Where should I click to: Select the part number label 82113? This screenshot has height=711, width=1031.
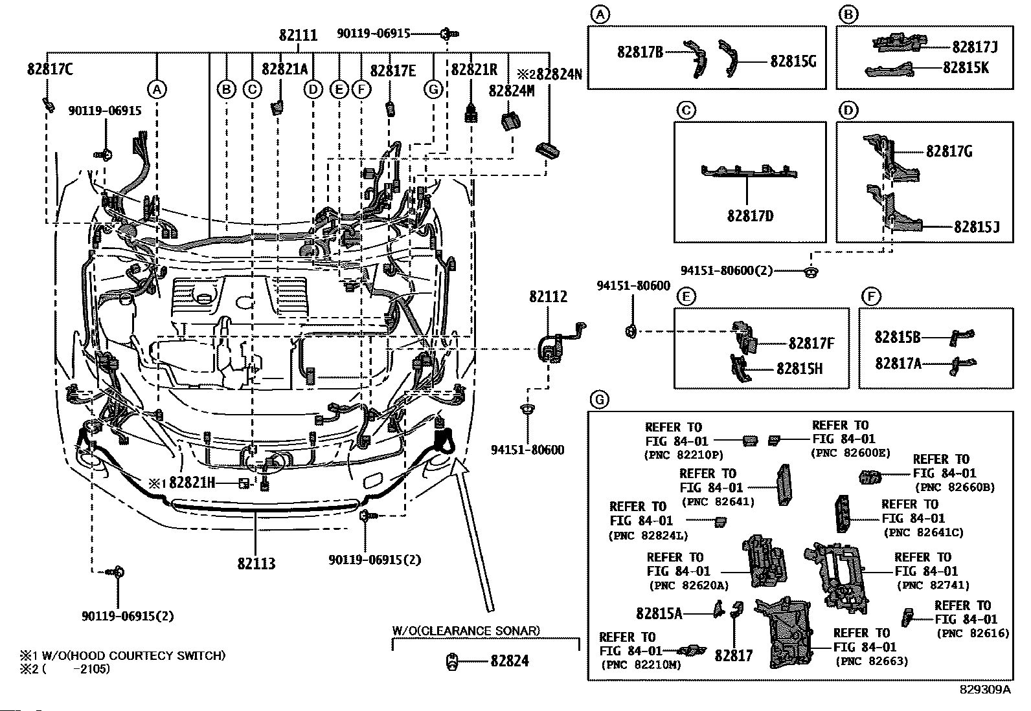[x=256, y=563]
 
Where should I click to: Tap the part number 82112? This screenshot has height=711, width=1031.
[x=548, y=296]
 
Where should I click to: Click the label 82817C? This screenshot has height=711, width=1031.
[x=50, y=69]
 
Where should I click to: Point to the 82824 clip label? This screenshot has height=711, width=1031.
[x=510, y=661]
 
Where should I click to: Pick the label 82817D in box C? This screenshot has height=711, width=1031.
[x=750, y=216]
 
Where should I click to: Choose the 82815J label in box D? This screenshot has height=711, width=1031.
[x=977, y=226]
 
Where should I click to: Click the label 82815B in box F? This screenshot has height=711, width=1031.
[x=898, y=336]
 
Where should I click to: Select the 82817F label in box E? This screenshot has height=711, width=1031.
[x=811, y=344]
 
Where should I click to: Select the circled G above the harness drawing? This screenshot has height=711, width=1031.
[x=433, y=90]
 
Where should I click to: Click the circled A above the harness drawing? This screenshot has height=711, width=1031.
[x=157, y=90]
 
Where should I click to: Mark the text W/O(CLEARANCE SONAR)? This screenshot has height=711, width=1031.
[x=466, y=630]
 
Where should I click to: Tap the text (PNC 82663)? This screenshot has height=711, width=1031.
[x=872, y=661]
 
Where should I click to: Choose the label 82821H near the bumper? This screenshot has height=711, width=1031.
[x=192, y=483]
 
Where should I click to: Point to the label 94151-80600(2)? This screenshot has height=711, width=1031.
[x=727, y=270]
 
